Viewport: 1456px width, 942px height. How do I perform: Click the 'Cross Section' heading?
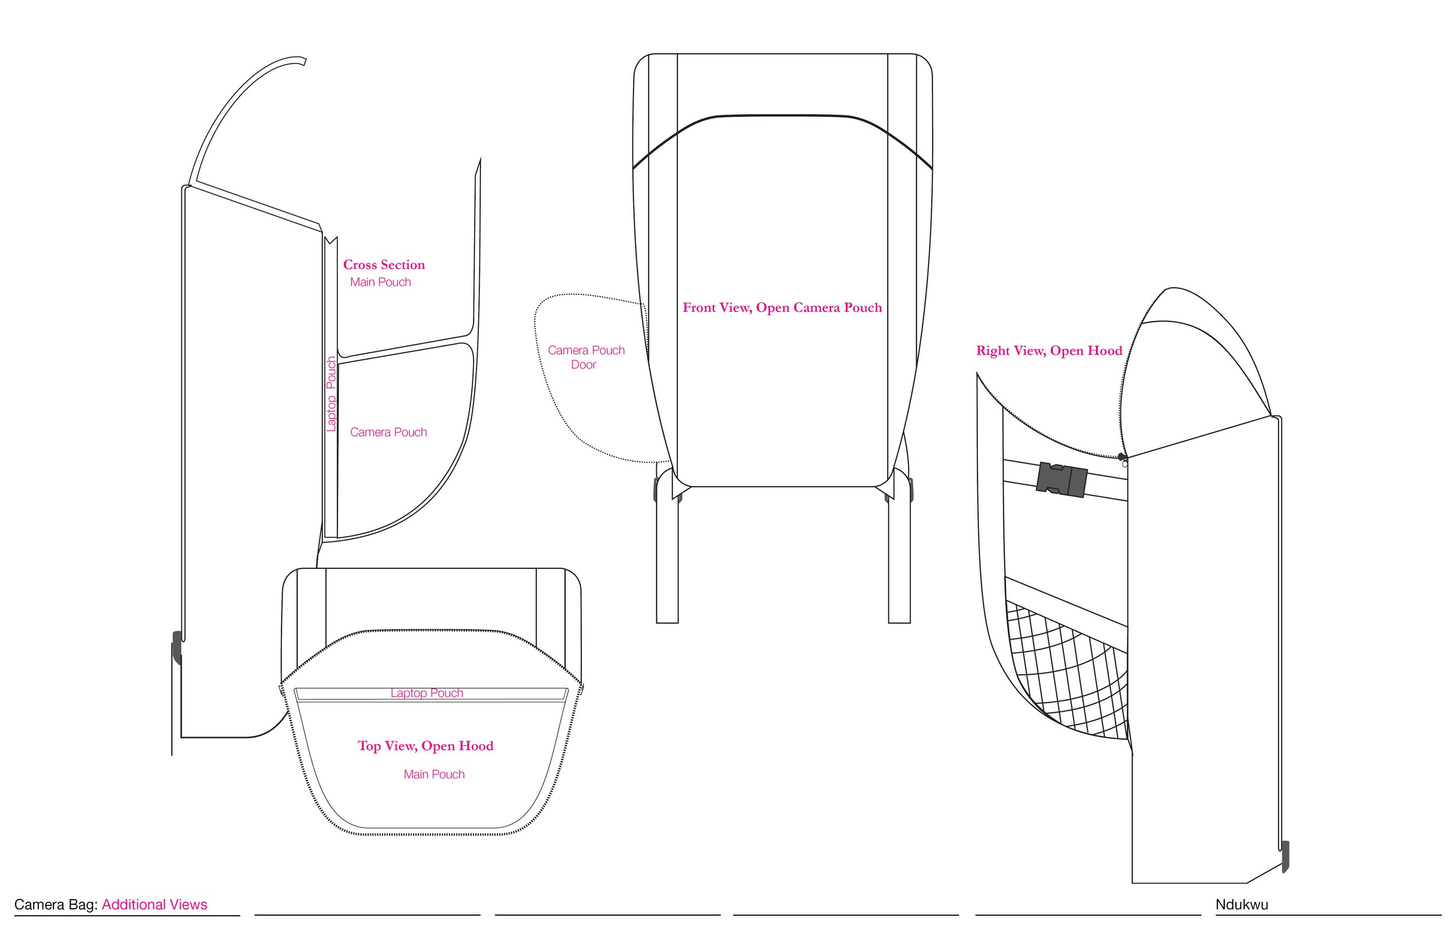(x=384, y=265)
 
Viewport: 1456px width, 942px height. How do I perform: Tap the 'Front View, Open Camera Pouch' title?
(x=782, y=307)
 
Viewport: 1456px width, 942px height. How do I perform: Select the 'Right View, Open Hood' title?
(x=1048, y=350)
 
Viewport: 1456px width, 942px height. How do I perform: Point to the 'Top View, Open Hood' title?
(x=425, y=746)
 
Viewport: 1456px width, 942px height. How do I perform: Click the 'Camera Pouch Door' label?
(x=585, y=357)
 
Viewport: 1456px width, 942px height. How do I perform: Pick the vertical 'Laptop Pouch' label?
(x=331, y=394)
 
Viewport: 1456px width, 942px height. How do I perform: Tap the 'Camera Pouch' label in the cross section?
(x=388, y=433)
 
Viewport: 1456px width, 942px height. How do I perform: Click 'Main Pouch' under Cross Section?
(x=380, y=282)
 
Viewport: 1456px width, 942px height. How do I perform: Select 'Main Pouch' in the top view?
(x=434, y=774)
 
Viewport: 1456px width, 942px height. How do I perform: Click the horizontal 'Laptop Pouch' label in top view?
(x=427, y=693)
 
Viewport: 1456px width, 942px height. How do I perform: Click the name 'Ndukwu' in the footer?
(x=1241, y=905)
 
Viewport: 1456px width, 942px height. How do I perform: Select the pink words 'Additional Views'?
(x=154, y=905)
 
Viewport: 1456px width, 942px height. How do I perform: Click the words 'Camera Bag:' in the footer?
(x=56, y=905)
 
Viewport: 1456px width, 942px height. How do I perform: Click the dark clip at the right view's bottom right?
(x=1285, y=856)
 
